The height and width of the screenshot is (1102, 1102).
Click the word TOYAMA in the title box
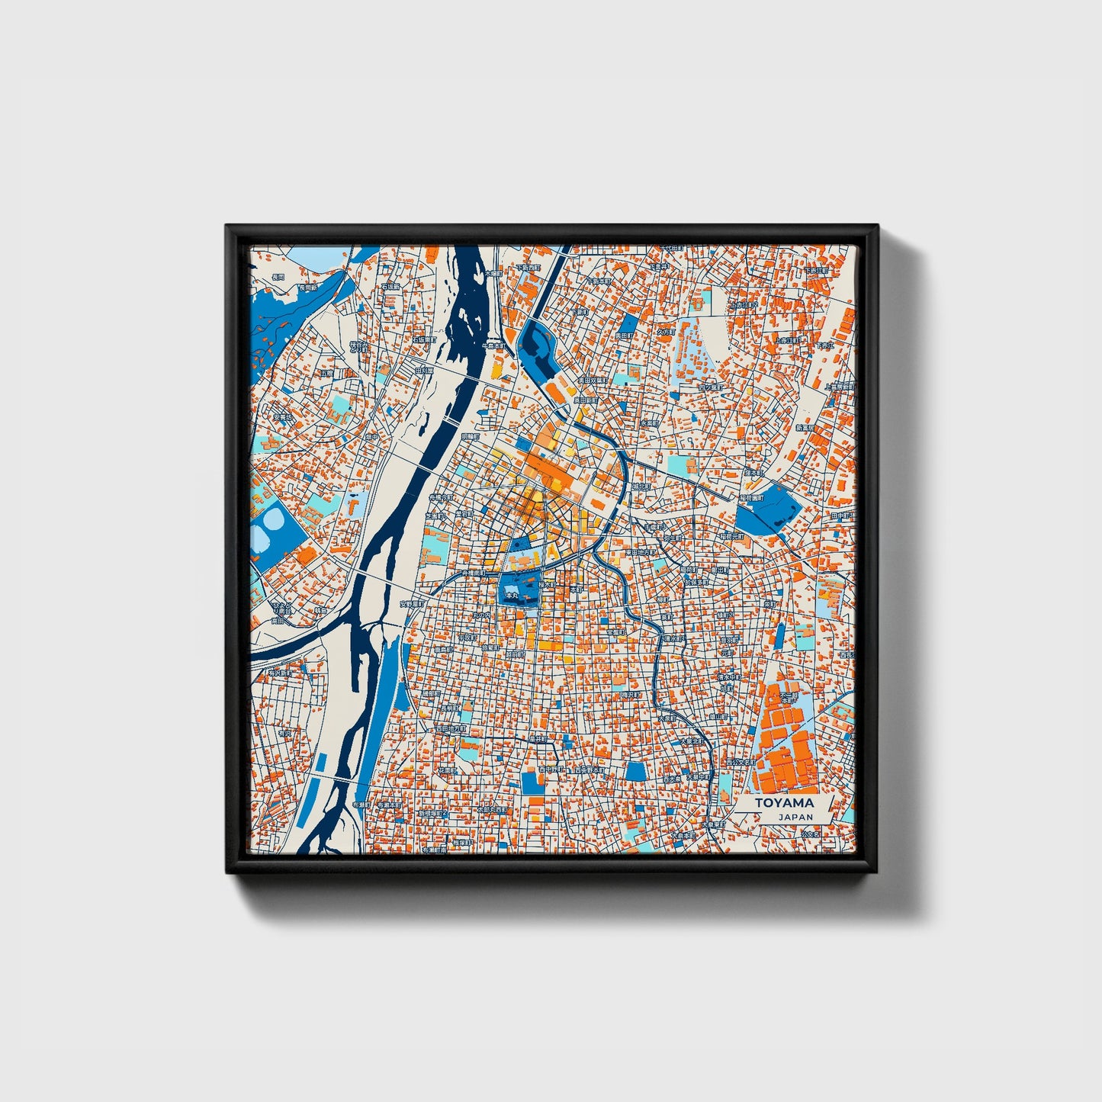click(784, 802)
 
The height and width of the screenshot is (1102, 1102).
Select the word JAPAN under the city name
click(795, 816)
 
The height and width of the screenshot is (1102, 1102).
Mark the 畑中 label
click(371, 438)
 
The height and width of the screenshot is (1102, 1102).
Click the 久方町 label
click(665, 333)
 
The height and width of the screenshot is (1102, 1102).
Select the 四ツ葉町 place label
click(710, 387)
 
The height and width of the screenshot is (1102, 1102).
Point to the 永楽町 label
click(649, 422)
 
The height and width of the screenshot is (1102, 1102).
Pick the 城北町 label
click(643, 486)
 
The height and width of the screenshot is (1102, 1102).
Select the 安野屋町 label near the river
click(413, 603)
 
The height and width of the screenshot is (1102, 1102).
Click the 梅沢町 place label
click(631, 695)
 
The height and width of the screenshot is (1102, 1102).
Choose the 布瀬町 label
click(361, 805)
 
